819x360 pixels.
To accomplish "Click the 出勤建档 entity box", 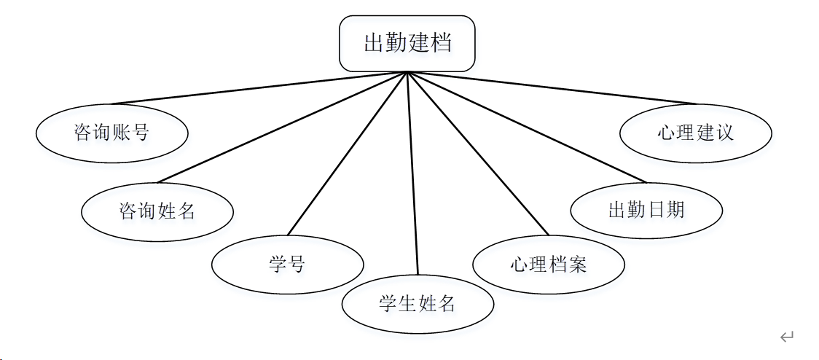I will [x=407, y=44].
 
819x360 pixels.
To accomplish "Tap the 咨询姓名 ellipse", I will [x=157, y=211].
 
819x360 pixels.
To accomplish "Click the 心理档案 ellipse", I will [x=548, y=264].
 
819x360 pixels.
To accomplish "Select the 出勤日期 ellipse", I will [x=646, y=210].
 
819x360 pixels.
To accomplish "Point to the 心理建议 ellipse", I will [x=695, y=132].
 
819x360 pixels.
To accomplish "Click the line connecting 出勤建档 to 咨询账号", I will [x=259, y=87].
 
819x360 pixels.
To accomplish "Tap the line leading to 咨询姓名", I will [x=282, y=128].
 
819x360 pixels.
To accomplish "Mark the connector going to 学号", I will [x=347, y=154].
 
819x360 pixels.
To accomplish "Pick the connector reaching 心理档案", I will [x=477, y=154].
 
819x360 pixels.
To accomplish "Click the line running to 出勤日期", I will [x=526, y=127].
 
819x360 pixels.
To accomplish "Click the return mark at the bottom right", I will [x=786, y=337].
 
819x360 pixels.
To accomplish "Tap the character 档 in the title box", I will [x=441, y=43].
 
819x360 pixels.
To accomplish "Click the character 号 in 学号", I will [x=297, y=264].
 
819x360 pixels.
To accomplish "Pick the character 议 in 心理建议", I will [x=724, y=132].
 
